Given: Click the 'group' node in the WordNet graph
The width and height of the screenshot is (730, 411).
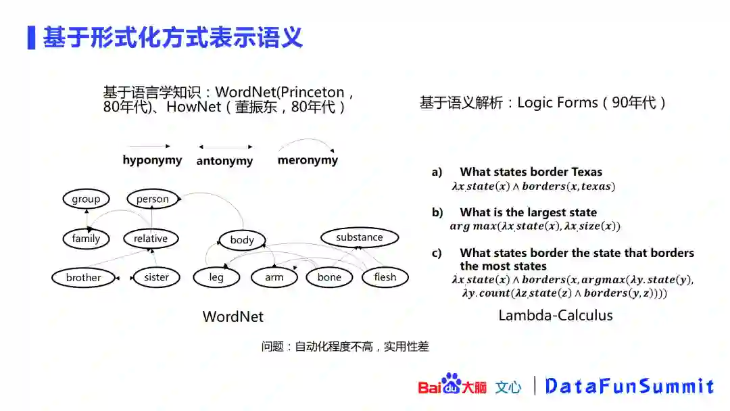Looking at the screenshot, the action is coord(86,199).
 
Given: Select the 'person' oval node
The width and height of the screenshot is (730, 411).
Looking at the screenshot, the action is coord(152,199).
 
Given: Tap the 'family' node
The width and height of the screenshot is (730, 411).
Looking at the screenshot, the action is coord(86,238).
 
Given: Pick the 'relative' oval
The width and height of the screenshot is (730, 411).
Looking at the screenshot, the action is coord(150,238).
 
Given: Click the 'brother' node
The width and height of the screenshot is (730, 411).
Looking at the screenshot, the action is coord(83,277).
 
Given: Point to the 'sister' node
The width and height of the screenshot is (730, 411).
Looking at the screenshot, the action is coord(156,277).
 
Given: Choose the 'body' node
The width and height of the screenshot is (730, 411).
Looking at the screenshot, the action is coord(241,239).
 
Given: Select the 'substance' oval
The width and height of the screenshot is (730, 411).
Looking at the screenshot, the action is coord(359,237).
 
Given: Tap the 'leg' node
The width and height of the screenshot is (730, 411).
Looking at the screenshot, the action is coord(216,277).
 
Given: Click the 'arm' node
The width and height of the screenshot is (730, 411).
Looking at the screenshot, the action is coord(274,277).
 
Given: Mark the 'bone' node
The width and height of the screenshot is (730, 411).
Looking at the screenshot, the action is coord(329,277).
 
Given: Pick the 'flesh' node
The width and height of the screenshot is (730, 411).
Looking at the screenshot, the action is coord(385,277).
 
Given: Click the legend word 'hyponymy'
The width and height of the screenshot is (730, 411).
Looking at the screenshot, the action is coord(152,160).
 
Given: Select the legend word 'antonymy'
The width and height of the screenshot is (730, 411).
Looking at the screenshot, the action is coord(224,161).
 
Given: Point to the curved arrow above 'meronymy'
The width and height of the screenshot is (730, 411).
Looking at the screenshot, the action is coord(306,143).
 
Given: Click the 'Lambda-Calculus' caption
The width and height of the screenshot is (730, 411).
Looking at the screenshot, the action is coord(556,315).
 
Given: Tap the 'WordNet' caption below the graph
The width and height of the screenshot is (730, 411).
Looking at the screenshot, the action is coord(233,316).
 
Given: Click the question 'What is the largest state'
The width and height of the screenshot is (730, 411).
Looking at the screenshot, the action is coord(528,212).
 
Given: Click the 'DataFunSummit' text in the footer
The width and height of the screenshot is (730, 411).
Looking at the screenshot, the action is coord(629,386).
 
